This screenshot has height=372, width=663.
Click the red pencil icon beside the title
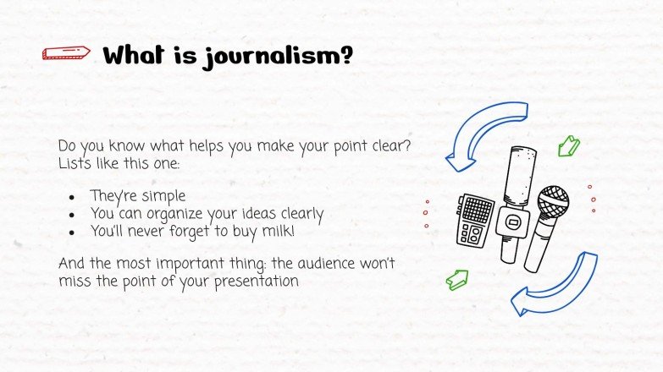pos(65,54)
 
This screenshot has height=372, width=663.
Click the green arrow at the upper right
pos(569,147)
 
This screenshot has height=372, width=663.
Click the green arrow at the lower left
pos(457,280)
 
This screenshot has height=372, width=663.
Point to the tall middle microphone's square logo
pos(511,222)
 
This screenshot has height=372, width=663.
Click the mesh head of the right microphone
pos(554,201)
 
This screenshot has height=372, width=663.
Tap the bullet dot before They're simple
pos(74,197)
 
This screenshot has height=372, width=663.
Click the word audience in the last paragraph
pos(317,264)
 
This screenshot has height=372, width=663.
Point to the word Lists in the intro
pos(74,161)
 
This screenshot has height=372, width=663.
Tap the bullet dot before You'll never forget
pos(74,230)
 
